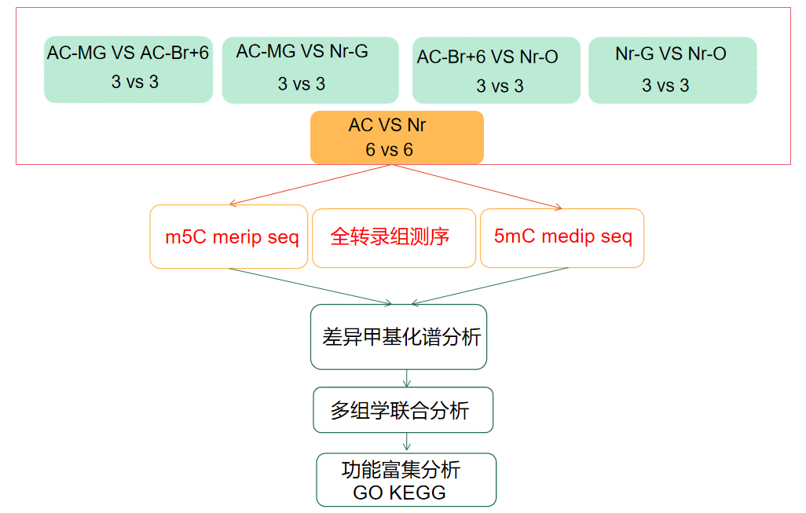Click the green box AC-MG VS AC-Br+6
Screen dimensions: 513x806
128,69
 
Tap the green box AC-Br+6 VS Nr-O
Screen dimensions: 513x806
496,71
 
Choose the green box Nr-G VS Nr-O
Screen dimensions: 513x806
672,70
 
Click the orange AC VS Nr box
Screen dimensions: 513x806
397,137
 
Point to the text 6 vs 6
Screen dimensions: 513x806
389,149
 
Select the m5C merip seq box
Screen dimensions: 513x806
229,237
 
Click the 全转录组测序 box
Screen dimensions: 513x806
394,237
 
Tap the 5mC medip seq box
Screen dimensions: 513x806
562,237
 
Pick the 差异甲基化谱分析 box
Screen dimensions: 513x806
398,337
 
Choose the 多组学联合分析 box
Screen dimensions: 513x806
403,409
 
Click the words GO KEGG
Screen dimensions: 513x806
399,493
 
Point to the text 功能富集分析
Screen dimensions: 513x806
401,470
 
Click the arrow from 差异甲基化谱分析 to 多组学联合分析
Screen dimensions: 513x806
406,378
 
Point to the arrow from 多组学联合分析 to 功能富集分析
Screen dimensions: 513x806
406,442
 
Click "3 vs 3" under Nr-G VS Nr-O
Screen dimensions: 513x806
665,85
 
